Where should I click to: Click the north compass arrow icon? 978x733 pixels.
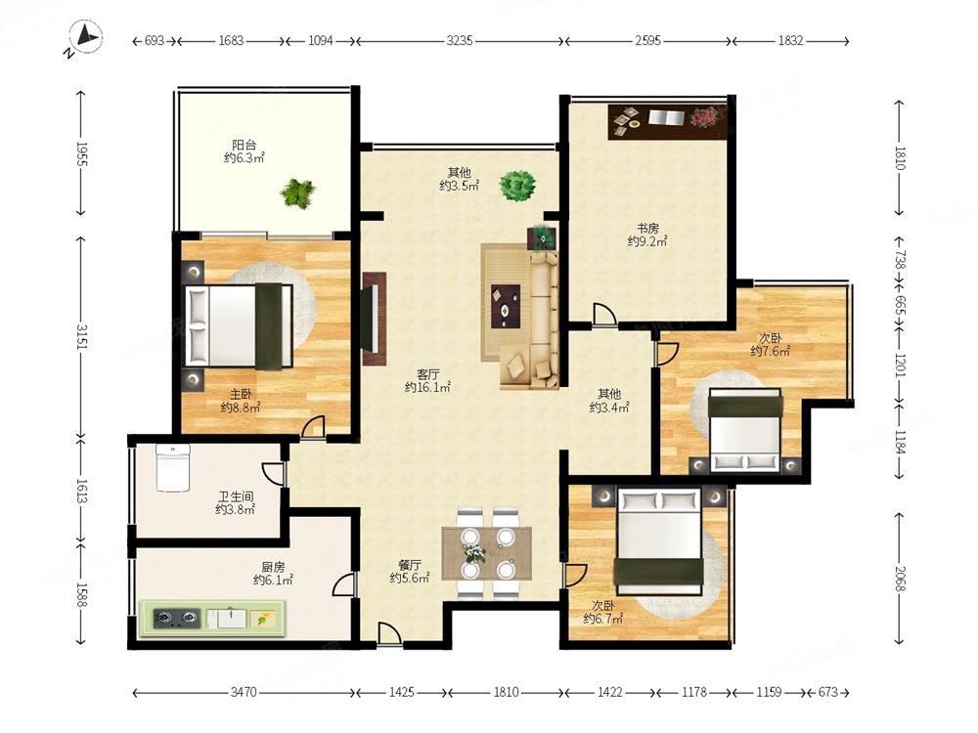tap(85, 37)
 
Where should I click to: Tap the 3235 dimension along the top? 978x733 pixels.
tap(460, 40)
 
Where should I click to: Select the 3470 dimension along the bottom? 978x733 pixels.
tap(244, 692)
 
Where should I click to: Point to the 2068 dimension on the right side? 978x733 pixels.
tap(901, 579)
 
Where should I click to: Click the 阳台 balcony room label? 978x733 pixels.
tap(244, 146)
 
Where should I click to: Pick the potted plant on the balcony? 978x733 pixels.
tap(297, 194)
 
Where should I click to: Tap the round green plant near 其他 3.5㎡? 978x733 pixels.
tap(517, 186)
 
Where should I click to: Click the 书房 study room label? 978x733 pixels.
tap(648, 228)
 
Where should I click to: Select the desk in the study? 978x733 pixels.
tap(668, 122)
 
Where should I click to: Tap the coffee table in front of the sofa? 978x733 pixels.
tap(506, 305)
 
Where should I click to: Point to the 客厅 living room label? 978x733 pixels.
tap(428, 374)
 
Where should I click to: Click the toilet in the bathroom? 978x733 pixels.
tap(173, 467)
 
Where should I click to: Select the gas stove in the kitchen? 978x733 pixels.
tap(176, 618)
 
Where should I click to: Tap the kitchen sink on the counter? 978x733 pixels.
tap(227, 619)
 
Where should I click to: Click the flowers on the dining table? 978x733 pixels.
tap(473, 552)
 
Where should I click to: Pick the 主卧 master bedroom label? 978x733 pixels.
tap(241, 394)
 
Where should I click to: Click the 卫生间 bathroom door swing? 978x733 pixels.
tap(273, 474)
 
